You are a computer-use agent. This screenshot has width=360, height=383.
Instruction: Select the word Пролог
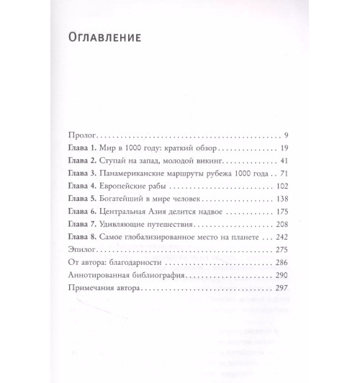(81, 135)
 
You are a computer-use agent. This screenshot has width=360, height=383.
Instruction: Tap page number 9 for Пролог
(285, 135)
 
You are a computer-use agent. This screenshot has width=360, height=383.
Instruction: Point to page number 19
(283, 148)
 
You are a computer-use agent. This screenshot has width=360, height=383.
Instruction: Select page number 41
(283, 162)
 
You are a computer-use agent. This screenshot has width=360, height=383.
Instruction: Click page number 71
(283, 175)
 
